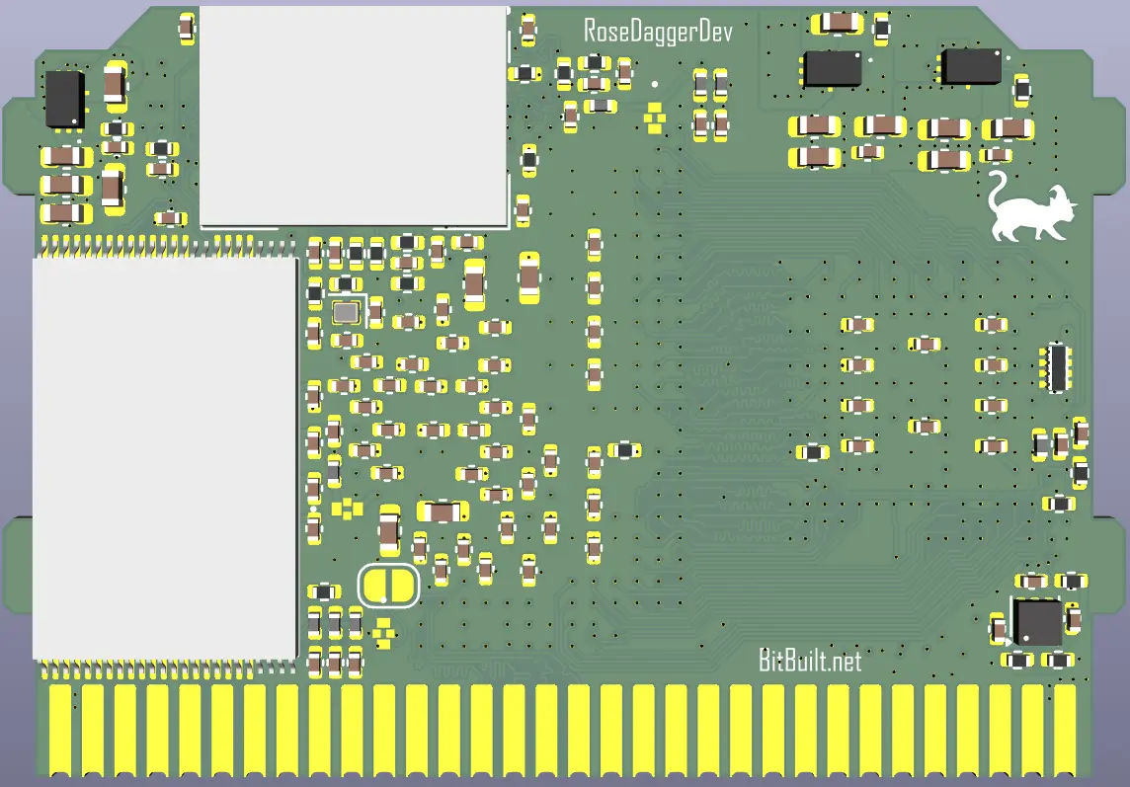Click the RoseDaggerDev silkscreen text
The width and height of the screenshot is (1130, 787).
coord(658,32)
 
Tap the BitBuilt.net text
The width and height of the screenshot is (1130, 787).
coord(810,660)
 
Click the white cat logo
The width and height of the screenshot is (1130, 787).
coord(1029,210)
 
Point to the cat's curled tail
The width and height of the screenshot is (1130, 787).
coord(998,188)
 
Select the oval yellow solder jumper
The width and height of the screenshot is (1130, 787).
coord(388,585)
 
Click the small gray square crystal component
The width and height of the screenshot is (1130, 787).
coord(346,312)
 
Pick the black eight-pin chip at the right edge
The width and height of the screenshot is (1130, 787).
coord(1056,367)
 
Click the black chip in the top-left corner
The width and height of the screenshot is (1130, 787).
coord(65,100)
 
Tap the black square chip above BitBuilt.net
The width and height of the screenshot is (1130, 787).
coord(1038,622)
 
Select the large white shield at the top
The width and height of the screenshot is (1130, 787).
coord(354,117)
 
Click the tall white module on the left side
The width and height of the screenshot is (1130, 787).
coord(165,458)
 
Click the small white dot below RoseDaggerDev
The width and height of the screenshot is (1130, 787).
coord(654,84)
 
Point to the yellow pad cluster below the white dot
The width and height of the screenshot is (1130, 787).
coord(654,118)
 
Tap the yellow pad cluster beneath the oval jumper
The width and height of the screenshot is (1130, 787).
coord(383,632)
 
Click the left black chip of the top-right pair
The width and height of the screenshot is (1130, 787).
coord(833,69)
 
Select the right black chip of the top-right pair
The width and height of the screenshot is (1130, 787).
coord(970,67)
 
